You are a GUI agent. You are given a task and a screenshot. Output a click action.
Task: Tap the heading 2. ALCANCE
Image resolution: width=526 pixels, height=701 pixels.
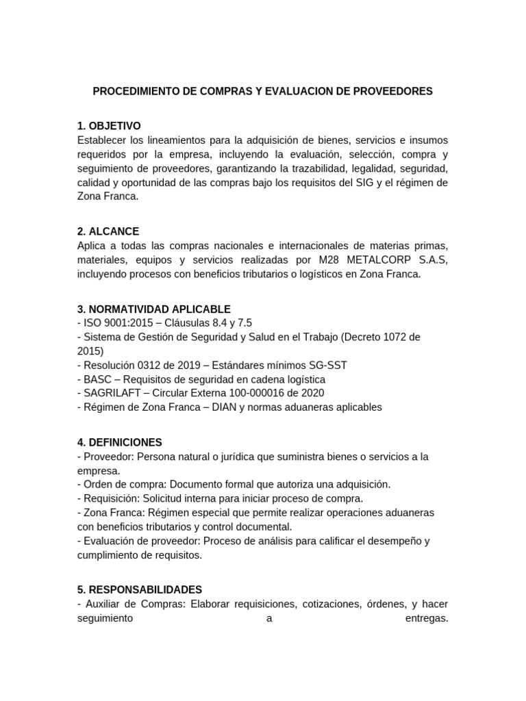tap(108, 231)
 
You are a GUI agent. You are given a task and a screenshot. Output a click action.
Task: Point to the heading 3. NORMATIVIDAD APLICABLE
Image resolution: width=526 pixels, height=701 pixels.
tap(154, 309)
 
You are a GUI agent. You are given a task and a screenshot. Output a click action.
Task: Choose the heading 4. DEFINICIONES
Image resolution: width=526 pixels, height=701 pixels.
tap(120, 442)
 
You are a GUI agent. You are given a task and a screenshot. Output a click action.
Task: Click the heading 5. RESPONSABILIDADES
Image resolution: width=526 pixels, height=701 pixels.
tap(140, 589)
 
